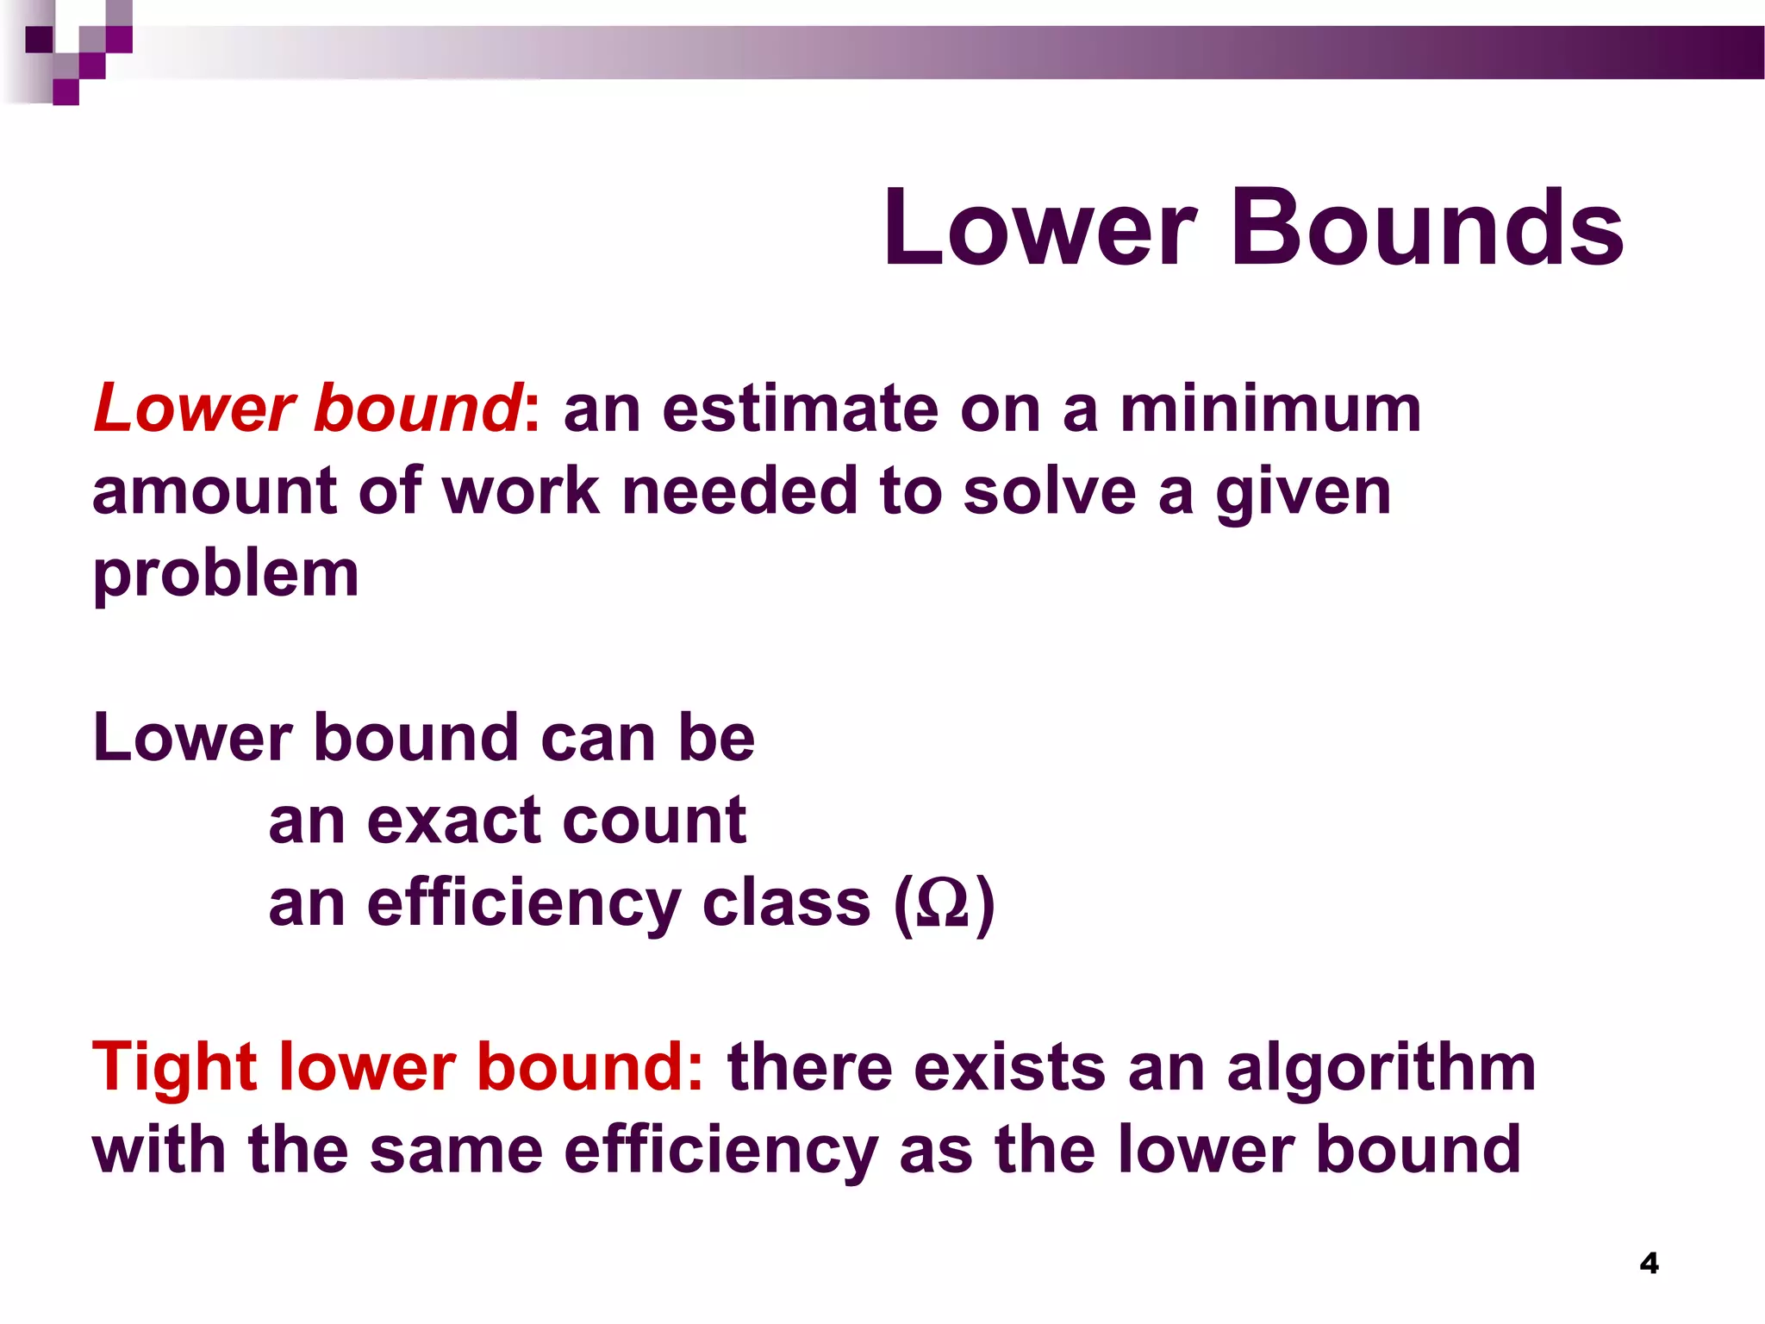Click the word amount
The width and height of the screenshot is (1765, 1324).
coord(214,490)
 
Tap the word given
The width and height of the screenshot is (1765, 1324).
coord(1303,494)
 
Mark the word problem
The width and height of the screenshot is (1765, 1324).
coord(226,575)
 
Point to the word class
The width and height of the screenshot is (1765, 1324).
coord(786,902)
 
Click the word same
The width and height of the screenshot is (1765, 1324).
coord(456,1150)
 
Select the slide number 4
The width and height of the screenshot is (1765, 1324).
coord(1649,1264)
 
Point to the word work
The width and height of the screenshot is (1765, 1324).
coord(521,490)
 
